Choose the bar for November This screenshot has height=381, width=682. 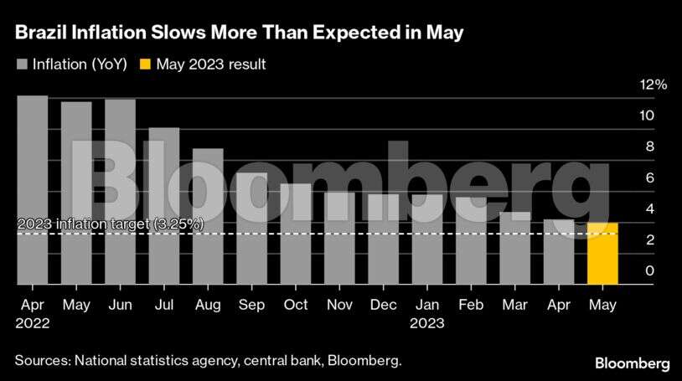[x=339, y=238]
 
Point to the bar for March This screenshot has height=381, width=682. [x=515, y=248]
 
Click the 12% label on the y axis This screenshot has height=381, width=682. [x=630, y=85]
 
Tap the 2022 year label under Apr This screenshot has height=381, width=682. [x=33, y=322]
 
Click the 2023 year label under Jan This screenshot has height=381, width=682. [x=427, y=322]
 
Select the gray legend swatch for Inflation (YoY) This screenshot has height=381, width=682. [x=21, y=64]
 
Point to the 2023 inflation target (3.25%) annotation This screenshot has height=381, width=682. [x=110, y=224]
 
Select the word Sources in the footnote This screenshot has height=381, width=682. [x=41, y=361]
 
